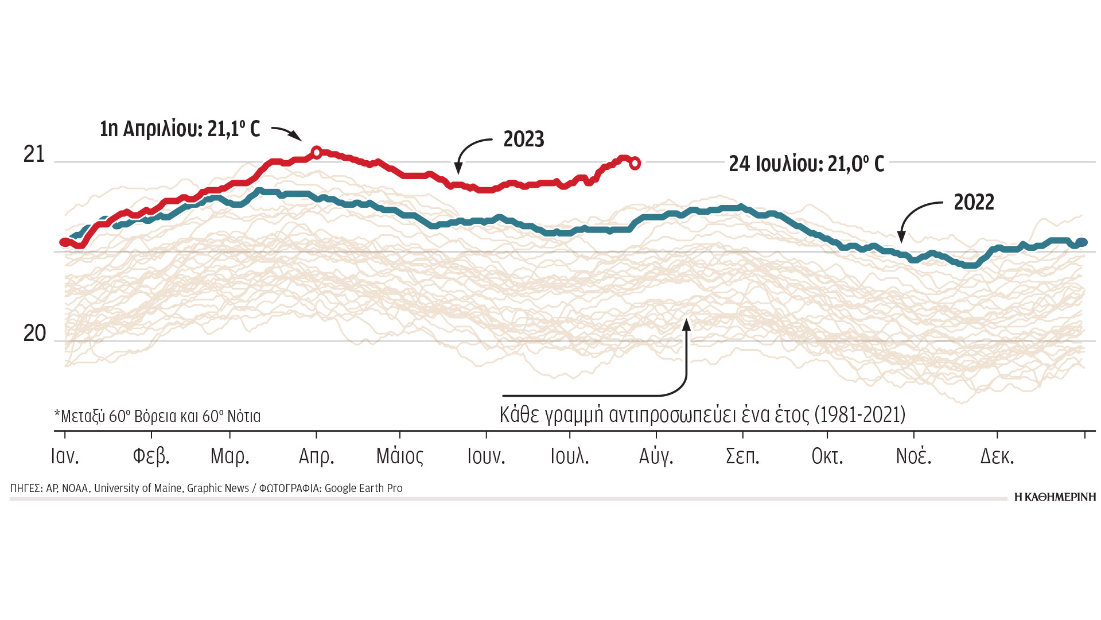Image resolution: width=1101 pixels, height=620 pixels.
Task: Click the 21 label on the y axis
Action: point(34,154)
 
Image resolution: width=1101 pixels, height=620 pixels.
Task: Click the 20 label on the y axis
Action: point(34,334)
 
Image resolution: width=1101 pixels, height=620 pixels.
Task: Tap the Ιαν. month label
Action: point(65,456)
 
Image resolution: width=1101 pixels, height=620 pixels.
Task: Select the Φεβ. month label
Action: point(151,456)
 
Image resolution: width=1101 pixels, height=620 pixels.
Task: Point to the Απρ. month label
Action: point(316,457)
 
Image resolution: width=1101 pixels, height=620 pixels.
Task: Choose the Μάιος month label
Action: point(400,456)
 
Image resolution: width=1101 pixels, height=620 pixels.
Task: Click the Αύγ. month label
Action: point(656,457)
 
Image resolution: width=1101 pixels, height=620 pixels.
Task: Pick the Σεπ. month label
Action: point(742,456)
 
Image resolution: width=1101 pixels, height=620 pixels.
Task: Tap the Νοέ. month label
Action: point(913,456)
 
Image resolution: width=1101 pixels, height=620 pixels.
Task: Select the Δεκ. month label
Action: point(997,456)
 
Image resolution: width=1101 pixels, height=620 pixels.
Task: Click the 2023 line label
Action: point(524,139)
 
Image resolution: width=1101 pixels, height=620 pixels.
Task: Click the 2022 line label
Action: point(974,203)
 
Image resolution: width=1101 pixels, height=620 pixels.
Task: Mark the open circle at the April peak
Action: point(316,152)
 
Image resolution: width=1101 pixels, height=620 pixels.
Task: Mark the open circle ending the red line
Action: point(635,164)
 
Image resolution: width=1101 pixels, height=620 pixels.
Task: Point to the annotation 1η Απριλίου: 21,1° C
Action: point(180,129)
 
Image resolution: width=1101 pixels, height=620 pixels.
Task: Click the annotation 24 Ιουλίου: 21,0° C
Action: point(807,164)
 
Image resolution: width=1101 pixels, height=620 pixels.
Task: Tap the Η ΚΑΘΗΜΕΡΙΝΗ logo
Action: point(1055,497)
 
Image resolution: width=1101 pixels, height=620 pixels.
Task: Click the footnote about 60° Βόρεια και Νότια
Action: point(158,416)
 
